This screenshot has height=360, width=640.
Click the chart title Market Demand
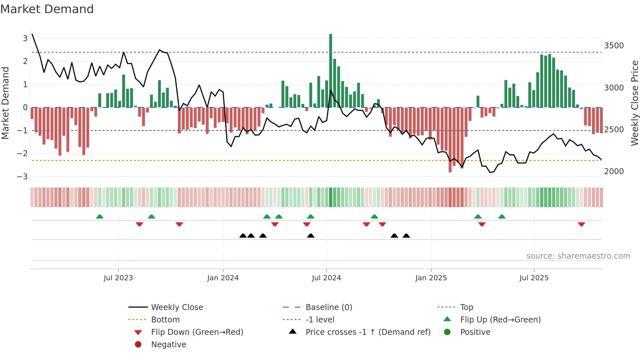47,9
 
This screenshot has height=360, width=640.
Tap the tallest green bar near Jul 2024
330,70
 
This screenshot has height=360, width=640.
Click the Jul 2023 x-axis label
118,278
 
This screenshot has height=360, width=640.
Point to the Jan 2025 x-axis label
431,278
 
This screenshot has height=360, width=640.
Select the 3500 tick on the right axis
614,46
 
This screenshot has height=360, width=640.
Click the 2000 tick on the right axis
614,172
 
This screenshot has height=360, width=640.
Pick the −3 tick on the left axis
22,177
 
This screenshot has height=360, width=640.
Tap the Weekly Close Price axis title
634,103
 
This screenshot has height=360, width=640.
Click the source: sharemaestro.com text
578,256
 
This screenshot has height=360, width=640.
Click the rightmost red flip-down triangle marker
581,224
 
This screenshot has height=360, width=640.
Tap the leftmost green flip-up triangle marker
100,217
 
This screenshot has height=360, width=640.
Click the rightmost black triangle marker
406,236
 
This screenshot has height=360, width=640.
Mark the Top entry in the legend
466,307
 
